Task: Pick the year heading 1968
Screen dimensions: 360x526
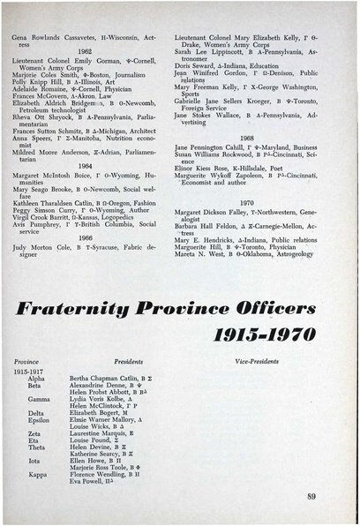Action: (x=247, y=139)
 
